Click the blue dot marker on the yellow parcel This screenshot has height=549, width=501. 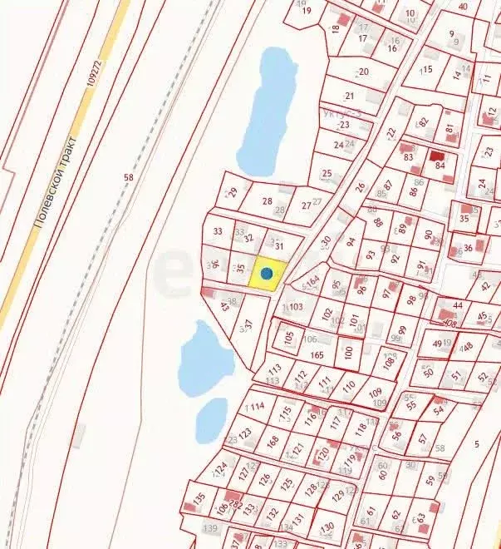pyautogui.click(x=267, y=273)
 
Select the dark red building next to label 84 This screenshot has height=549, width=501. pyautogui.click(x=437, y=155)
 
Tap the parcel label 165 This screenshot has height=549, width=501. pyautogui.click(x=317, y=355)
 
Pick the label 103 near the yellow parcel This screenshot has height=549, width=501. pyautogui.click(x=296, y=307)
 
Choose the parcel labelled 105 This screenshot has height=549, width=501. pyautogui.click(x=289, y=338)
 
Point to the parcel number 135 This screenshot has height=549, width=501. pyautogui.click(x=199, y=498)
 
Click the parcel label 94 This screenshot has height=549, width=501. pyautogui.click(x=351, y=242)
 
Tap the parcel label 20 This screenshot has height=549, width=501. pyautogui.click(x=363, y=72)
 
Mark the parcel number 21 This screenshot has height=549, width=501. pyautogui.click(x=349, y=96)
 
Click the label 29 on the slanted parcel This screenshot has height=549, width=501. pyautogui.click(x=233, y=192)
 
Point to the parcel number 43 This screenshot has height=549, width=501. pyautogui.click(x=224, y=306)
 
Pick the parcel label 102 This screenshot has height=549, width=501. pyautogui.click(x=327, y=312)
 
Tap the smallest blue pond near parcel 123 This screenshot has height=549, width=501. pyautogui.click(x=211, y=420)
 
